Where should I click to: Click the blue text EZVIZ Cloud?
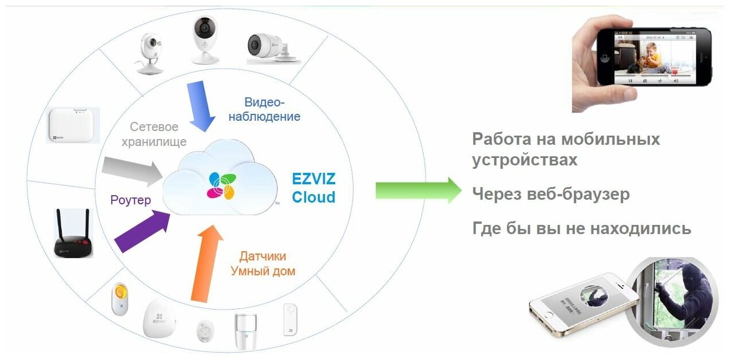click(314, 188)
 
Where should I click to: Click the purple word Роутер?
click(131, 200)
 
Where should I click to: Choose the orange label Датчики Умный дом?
click(263, 264)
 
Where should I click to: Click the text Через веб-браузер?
click(550, 195)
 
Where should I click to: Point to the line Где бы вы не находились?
click(581, 229)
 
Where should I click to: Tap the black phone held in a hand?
click(652, 57)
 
